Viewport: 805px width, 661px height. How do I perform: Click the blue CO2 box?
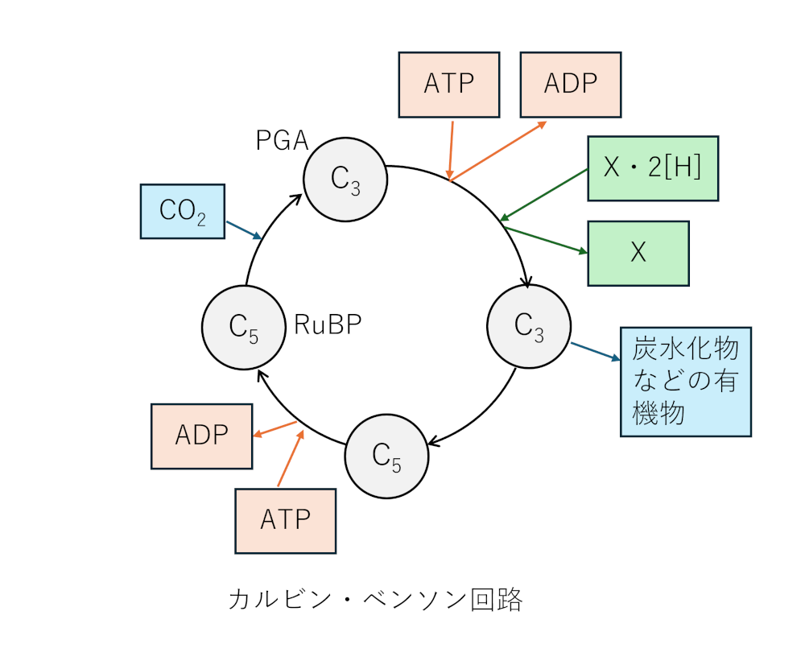tap(182, 211)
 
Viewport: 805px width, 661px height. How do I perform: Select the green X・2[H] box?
tap(653, 167)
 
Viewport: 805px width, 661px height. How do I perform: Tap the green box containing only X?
tap(638, 253)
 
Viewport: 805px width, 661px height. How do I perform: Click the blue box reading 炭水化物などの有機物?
tap(685, 382)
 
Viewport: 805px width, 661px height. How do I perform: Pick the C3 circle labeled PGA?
tap(345, 179)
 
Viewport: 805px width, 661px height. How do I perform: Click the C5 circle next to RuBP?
tap(243, 326)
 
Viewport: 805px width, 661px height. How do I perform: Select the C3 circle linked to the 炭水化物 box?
tap(529, 326)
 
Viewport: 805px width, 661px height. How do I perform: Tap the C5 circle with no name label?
tap(386, 457)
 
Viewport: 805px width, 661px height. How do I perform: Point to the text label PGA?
tap(282, 141)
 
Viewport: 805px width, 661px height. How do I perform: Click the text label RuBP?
tap(328, 324)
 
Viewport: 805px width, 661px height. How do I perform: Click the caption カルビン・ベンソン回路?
tap(375, 600)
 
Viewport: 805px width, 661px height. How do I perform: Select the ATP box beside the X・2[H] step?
tap(449, 85)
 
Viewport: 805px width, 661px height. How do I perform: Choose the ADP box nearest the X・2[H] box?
tap(570, 85)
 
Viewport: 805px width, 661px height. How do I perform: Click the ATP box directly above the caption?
tap(285, 520)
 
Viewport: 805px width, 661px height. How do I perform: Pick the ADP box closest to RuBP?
tap(201, 436)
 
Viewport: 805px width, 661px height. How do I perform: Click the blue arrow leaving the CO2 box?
tap(244, 230)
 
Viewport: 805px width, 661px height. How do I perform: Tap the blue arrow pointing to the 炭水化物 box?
tap(596, 352)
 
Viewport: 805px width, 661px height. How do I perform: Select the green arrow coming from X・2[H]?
tap(544, 194)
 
